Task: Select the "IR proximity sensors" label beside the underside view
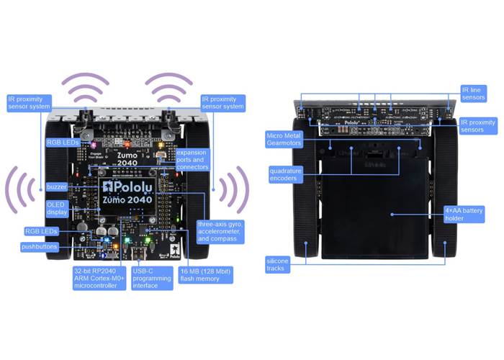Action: (x=477, y=126)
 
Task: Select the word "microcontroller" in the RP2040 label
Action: (x=96, y=284)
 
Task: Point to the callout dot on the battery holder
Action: (x=390, y=214)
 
